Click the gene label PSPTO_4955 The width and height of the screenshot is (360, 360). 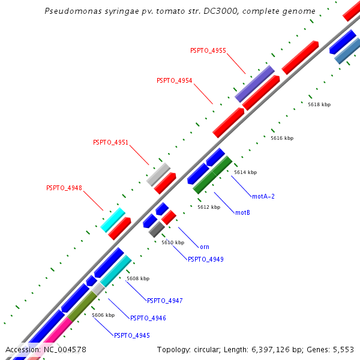(208, 50)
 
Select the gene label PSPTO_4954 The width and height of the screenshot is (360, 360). (174, 80)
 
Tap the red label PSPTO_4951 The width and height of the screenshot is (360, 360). (110, 142)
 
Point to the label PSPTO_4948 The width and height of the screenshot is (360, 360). (64, 188)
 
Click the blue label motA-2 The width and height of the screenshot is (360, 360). (263, 196)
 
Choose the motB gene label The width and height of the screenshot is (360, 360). (242, 212)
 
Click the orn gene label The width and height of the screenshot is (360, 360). (205, 247)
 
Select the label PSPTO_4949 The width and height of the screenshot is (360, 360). (205, 259)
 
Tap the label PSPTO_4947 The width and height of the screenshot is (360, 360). (164, 301)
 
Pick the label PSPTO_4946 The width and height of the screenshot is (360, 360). (148, 318)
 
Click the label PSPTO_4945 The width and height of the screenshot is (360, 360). (131, 335)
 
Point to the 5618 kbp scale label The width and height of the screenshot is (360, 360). (319, 104)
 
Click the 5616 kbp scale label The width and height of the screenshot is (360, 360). (282, 138)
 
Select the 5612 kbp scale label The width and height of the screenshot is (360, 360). (209, 207)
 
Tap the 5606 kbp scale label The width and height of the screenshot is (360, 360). (103, 315)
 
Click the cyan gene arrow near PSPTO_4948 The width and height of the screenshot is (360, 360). (113, 220)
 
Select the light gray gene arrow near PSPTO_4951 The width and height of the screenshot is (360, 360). (158, 174)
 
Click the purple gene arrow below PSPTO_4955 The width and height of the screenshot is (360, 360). (254, 84)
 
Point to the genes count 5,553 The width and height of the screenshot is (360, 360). (343, 349)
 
